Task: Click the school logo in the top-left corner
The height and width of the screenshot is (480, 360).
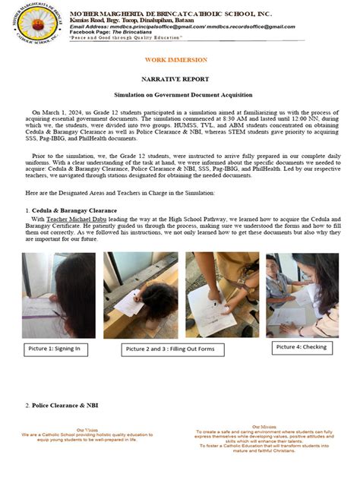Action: click(x=33, y=28)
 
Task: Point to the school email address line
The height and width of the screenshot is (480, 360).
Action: click(x=187, y=27)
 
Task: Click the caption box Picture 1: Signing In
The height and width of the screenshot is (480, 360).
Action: click(x=55, y=349)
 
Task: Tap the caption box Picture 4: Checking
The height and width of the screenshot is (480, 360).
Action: click(x=302, y=347)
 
